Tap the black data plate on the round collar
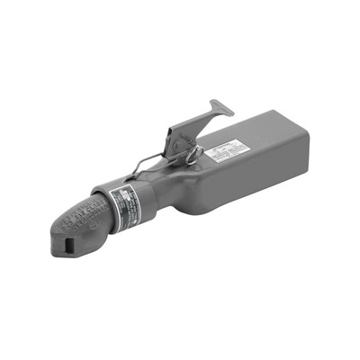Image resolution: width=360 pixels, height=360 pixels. click(x=124, y=211)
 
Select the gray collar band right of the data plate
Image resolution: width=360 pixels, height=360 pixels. click(x=144, y=202)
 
